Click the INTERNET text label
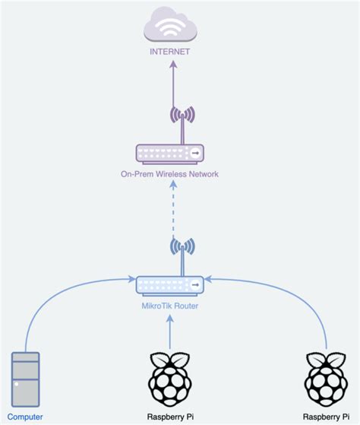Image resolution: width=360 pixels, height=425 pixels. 170,52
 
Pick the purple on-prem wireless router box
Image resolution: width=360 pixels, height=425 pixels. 170,154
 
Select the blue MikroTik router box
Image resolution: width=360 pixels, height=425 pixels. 170,285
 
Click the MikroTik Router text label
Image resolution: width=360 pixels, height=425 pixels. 170,306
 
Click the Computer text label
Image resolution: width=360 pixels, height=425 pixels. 26,417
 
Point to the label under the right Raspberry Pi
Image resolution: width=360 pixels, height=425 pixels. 327,417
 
